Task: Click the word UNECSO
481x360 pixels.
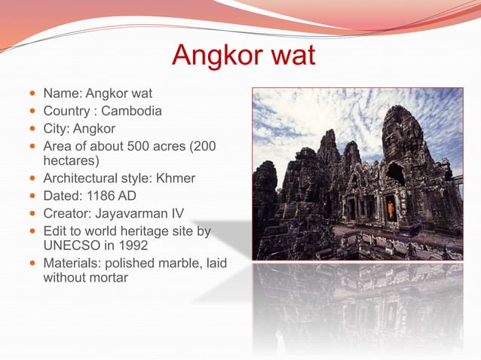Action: (69, 246)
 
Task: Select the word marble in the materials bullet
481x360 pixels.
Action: (172, 263)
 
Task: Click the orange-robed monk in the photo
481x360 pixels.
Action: (390, 208)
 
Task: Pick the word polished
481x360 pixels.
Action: (128, 263)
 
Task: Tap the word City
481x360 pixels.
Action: (55, 128)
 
